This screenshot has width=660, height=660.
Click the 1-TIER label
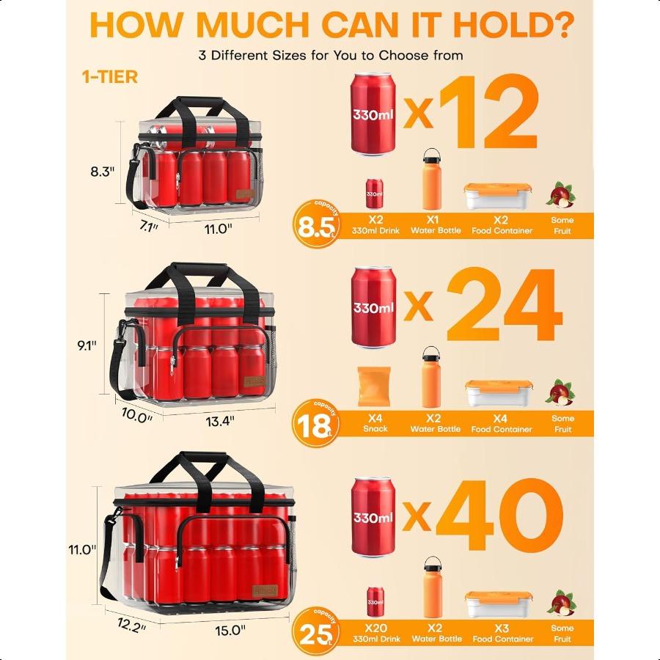(110, 77)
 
